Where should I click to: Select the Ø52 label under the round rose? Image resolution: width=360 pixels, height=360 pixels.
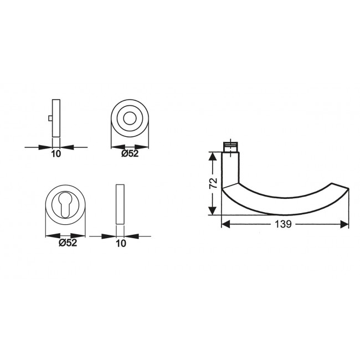(x=131, y=154)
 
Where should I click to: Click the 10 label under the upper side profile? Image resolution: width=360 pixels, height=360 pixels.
(x=55, y=154)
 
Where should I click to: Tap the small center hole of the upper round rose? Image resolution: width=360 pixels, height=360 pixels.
(x=131, y=119)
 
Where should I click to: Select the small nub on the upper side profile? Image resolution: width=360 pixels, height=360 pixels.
(x=50, y=119)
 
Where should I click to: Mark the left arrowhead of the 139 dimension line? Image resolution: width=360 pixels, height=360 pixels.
(x=225, y=224)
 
